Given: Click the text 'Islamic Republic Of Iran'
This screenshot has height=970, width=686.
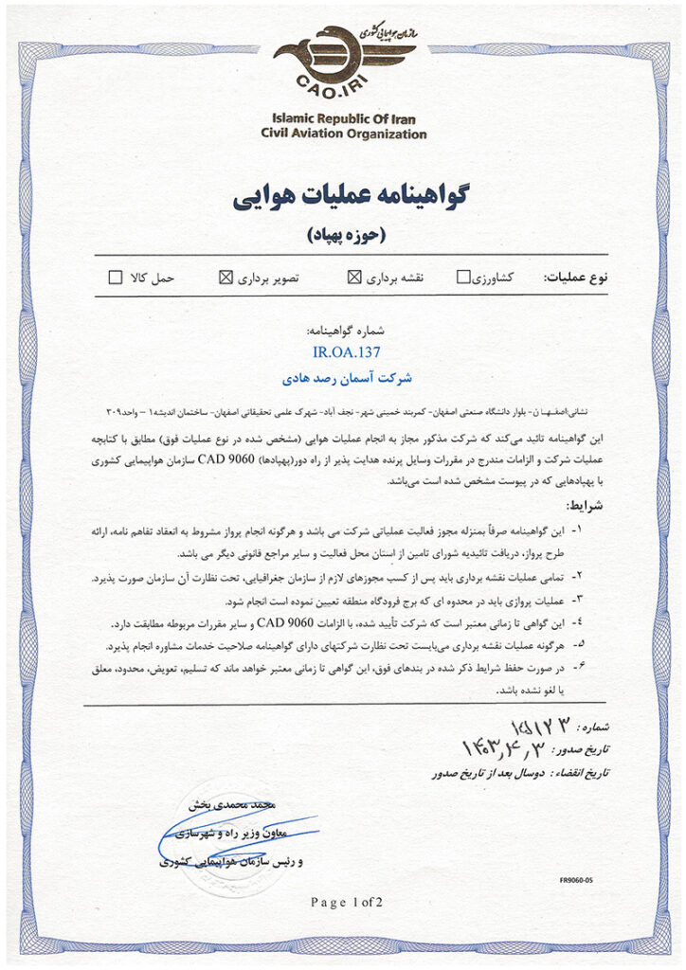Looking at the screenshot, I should pos(343,119).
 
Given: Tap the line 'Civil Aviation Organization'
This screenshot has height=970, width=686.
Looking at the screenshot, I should pos(343,135).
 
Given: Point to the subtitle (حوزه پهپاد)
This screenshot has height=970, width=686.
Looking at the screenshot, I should pos(343,232).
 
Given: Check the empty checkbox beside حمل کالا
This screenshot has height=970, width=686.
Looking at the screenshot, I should pos(116,278).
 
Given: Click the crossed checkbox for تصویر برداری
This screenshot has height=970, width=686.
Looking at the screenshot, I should pos(226,278).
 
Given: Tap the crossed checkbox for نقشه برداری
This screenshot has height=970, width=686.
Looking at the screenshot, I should pos(355,278).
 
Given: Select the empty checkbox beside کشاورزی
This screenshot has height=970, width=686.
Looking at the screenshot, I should pos(463,278).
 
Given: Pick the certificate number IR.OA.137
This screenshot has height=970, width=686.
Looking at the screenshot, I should pos(343,353).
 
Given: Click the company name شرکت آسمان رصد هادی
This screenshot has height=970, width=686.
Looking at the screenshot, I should pos(343,378).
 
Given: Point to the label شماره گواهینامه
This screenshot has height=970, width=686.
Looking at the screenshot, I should pos(343,332).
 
